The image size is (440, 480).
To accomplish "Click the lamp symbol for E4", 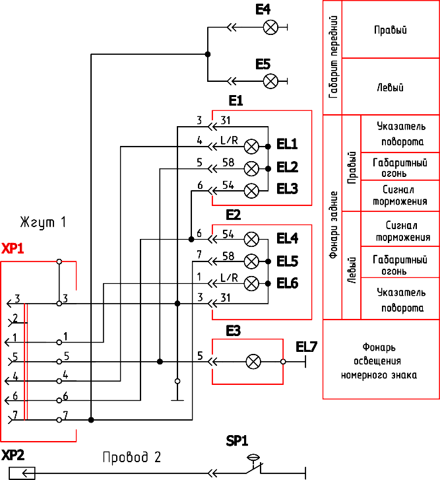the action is coord(270,28).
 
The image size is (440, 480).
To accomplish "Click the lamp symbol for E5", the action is coord(270,81).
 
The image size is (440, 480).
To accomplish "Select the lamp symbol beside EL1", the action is coord(251,147).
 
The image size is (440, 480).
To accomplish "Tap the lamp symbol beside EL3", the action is coord(251,191).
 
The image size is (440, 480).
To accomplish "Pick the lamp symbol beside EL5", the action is coord(251,261).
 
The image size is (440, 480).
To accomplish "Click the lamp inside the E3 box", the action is coord(253,362).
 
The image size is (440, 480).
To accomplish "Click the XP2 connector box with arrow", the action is coord(22,473).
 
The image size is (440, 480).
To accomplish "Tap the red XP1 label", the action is coord(13,248).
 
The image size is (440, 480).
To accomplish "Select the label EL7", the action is coord(306,347).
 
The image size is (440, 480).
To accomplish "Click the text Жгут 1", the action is coord(43,223).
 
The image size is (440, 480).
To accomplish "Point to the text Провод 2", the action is coord(131,457).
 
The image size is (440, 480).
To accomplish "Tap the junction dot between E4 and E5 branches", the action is coord(208,54).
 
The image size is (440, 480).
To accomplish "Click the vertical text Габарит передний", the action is coord(333,57).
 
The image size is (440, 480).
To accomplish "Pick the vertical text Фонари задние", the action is coord(333,224).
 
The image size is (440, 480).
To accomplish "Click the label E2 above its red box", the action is coord(234,215).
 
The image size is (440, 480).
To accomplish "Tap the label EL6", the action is coord(288,283).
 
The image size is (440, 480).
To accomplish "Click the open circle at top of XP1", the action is coord(59,261).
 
